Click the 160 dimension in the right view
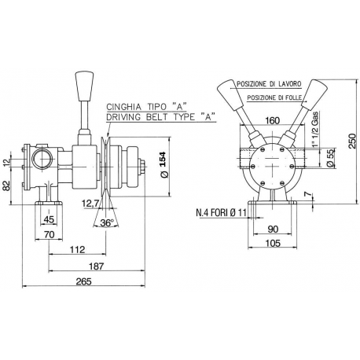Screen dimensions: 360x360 click(x=271, y=121)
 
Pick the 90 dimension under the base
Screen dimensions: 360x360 click(x=272, y=230)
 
